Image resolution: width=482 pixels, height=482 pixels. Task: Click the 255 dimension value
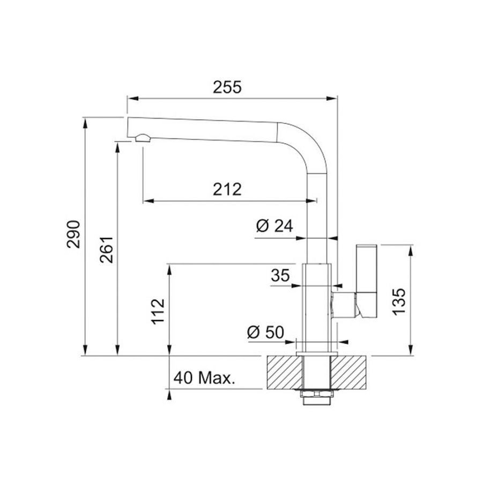pos(227,87)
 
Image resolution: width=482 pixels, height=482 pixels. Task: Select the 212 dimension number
pos(227,189)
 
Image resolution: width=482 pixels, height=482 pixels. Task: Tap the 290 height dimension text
pos(73,234)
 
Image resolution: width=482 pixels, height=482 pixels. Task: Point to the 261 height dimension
pos(106,250)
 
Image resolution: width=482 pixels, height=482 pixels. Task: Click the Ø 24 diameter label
pos(275,226)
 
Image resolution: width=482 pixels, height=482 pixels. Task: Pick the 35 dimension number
pos(280,276)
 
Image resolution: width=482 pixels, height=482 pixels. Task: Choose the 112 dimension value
pos(158,312)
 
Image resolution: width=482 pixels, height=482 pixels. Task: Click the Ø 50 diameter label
pos(265,332)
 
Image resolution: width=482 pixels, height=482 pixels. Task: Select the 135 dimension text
pos(399,302)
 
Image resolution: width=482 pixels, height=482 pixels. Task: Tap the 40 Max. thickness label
pos(204,378)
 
